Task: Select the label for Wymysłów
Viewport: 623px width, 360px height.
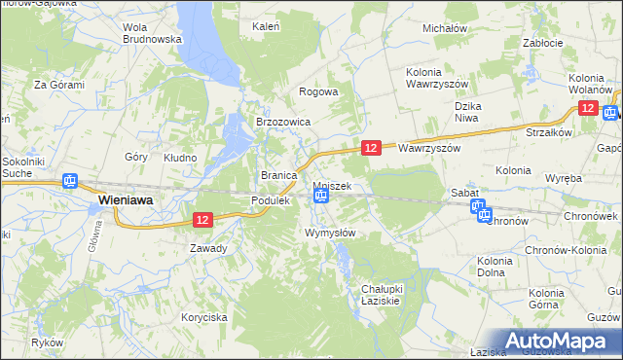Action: (330, 233)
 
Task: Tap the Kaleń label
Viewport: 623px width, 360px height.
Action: (266, 26)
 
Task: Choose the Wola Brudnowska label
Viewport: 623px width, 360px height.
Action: (153, 34)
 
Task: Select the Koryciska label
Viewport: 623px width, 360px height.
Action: (204, 317)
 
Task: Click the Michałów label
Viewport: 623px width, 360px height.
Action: (445, 29)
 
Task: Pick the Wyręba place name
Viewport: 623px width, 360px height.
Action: (564, 179)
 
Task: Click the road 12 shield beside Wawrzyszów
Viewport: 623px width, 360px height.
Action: (371, 147)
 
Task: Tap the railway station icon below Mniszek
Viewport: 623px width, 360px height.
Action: (320, 197)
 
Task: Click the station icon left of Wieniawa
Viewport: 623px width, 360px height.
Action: (69, 181)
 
